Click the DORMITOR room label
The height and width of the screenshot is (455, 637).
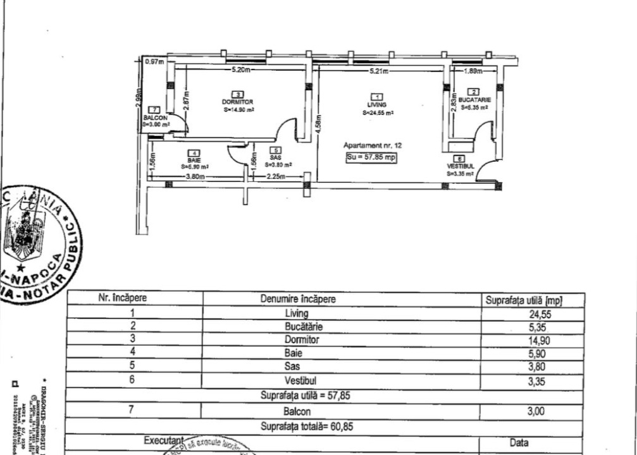(x=238, y=102)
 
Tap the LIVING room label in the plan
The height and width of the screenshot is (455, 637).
(x=377, y=104)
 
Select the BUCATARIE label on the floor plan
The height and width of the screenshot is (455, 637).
(x=474, y=100)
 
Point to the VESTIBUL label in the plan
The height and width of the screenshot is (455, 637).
(x=460, y=166)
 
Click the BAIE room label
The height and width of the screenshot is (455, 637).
(x=194, y=161)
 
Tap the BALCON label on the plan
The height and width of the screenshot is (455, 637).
(x=155, y=118)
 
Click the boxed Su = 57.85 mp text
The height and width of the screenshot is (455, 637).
(x=371, y=157)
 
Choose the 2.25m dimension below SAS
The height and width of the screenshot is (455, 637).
(x=275, y=177)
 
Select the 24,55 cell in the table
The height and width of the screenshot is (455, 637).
(x=540, y=313)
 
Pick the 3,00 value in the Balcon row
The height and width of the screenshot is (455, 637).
(x=540, y=411)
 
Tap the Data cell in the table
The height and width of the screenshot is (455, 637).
(x=519, y=443)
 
